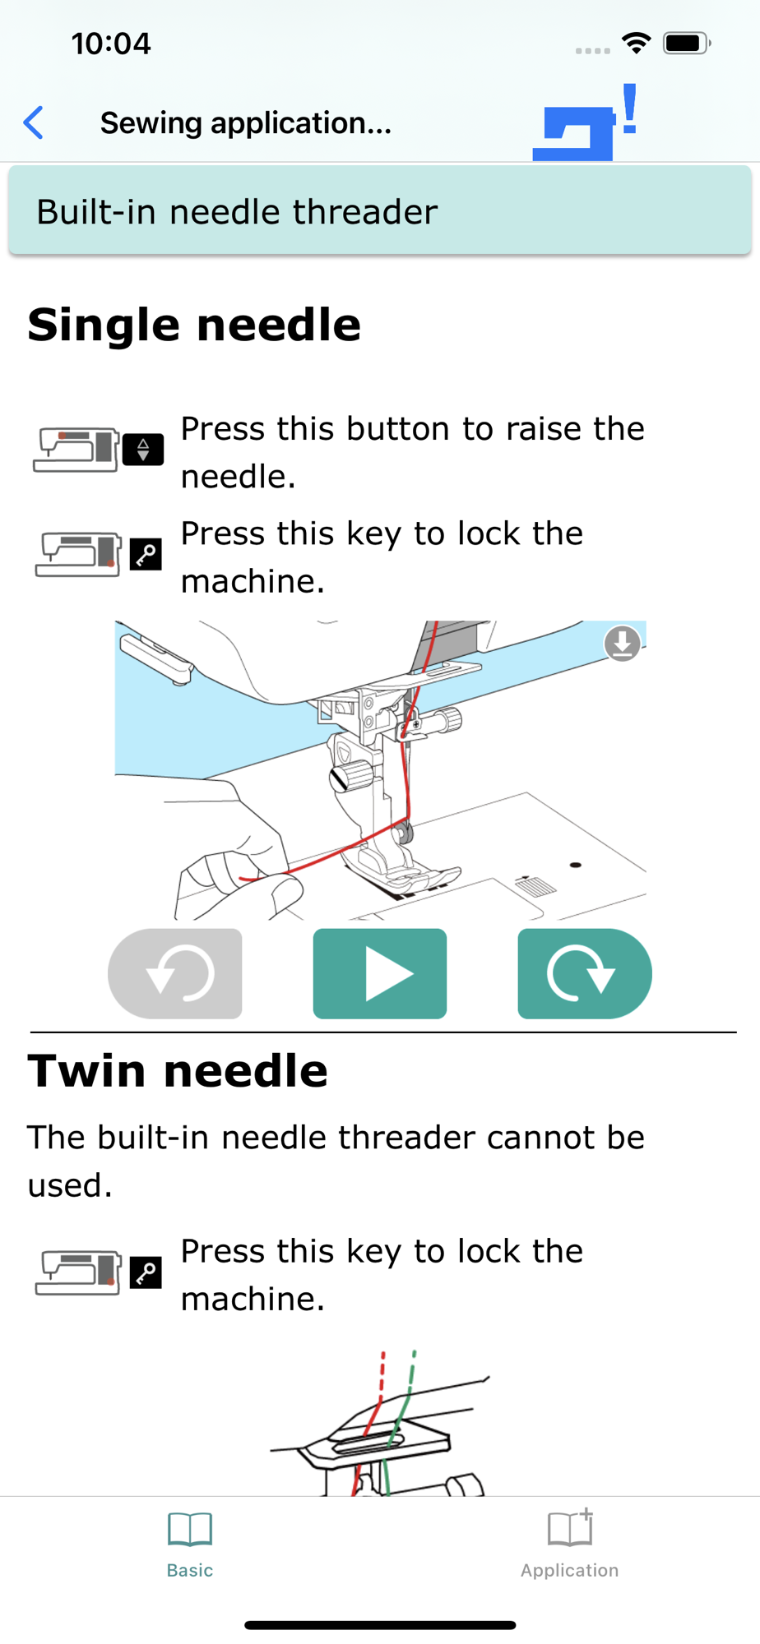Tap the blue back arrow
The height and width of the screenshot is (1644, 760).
coord(34,123)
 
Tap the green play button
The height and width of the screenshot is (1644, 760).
coord(380,974)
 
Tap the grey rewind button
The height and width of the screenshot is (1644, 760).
coord(175,974)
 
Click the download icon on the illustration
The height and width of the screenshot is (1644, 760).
coord(623,644)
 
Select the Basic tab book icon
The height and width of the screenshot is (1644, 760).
coord(190,1529)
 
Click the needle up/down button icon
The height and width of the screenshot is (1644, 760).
coord(143,450)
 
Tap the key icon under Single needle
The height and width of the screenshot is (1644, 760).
coord(146,555)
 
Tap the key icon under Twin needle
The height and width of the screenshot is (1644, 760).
coord(146,1273)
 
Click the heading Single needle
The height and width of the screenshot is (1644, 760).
coord(194,325)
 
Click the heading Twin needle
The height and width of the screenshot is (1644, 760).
coord(178,1071)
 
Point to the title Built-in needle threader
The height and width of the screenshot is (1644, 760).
coord(237,212)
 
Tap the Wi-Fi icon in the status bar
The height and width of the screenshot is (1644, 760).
coord(636,43)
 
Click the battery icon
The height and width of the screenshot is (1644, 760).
coord(687,43)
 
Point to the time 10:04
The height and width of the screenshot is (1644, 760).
coord(111,44)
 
